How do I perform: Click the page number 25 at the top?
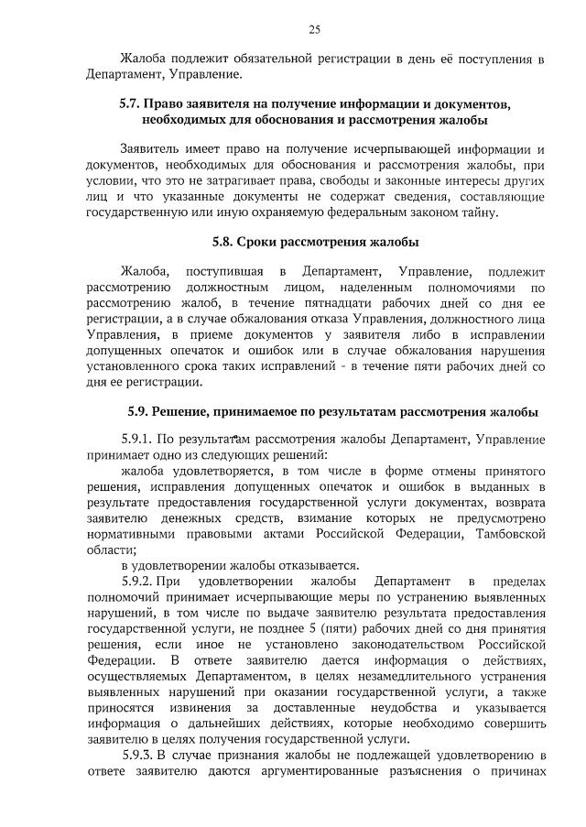click(314, 29)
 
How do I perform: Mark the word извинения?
click(207, 708)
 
